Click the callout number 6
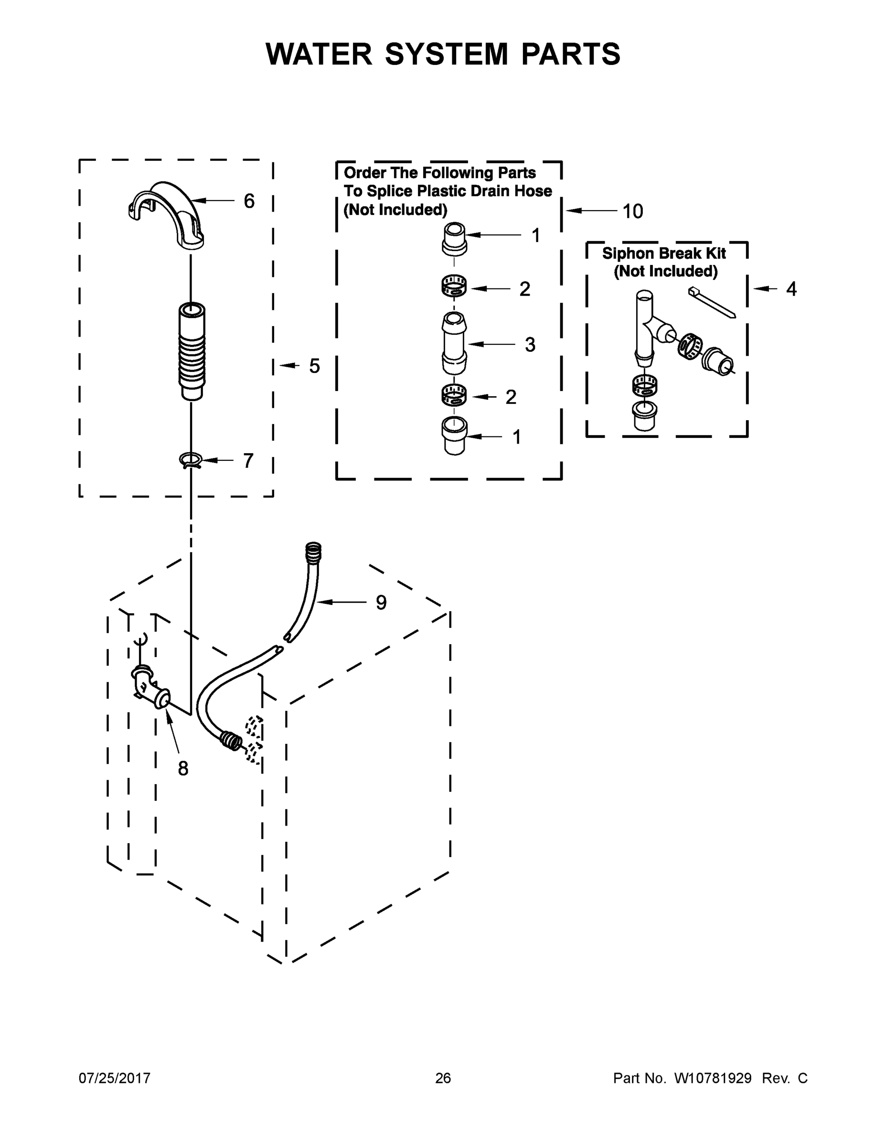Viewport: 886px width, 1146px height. point(249,201)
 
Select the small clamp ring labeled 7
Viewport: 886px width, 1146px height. point(190,460)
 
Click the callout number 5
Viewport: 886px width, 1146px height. point(314,366)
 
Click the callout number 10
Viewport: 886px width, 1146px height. point(632,212)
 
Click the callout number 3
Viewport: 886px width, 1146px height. point(530,345)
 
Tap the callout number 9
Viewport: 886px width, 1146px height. point(381,603)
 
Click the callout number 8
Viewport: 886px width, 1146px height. point(182,769)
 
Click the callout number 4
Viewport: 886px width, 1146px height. point(791,289)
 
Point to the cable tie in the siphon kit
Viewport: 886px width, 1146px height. point(712,303)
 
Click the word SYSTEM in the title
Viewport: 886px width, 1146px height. point(446,54)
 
